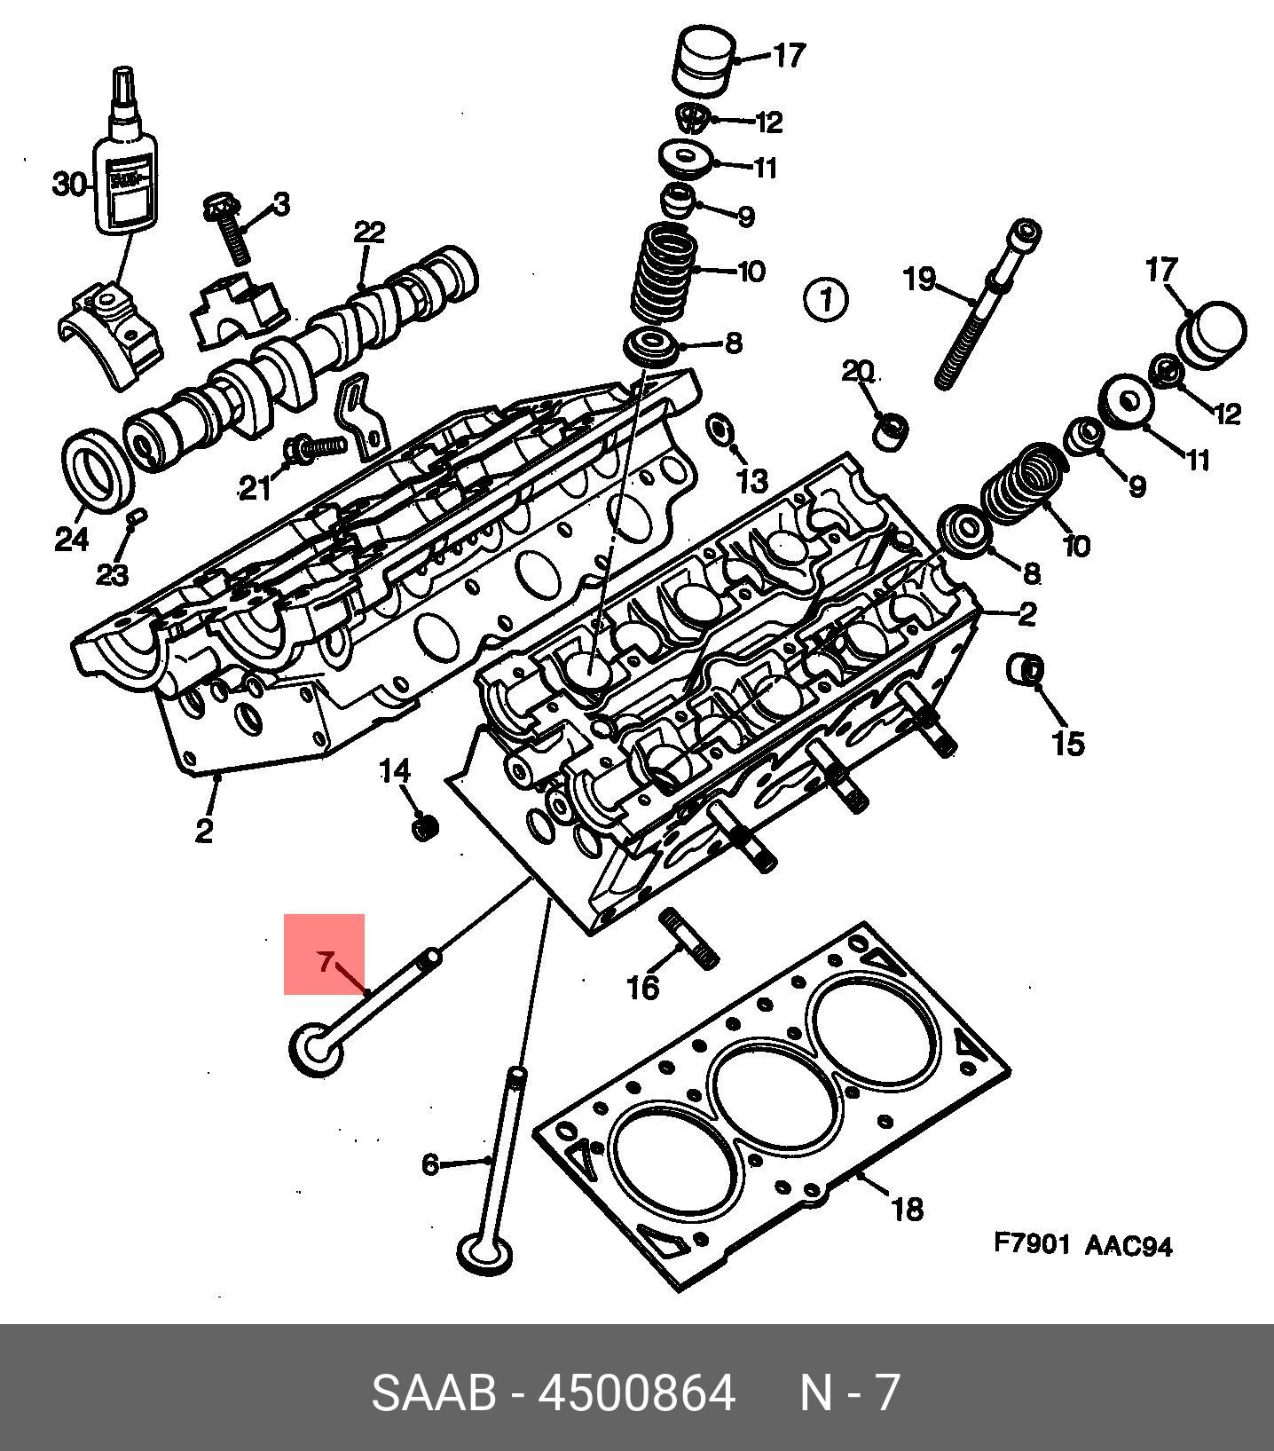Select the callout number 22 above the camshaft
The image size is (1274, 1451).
pos(369,233)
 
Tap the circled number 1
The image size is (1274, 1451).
pos(825,300)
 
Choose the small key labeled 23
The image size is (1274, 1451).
pos(137,517)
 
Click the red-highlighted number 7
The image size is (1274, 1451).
pos(326,960)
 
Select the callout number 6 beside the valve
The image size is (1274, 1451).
pos(430,1163)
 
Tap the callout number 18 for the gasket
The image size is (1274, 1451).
pos(907,1209)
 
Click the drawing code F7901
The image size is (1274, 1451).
pos(1032,1244)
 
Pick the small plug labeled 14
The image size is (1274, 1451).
pos(426,828)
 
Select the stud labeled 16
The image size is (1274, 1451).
pos(688,939)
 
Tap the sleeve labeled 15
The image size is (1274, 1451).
pos(1026,669)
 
